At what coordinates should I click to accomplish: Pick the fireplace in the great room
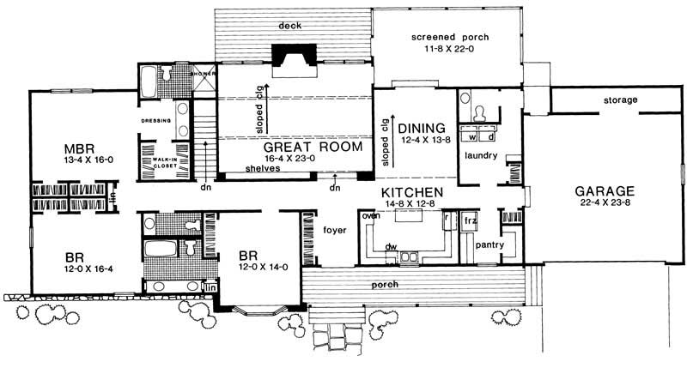click(292, 55)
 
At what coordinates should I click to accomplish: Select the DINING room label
click(422, 129)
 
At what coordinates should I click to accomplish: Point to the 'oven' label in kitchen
click(371, 215)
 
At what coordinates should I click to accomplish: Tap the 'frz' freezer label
click(470, 220)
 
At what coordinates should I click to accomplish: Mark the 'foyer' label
click(333, 229)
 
